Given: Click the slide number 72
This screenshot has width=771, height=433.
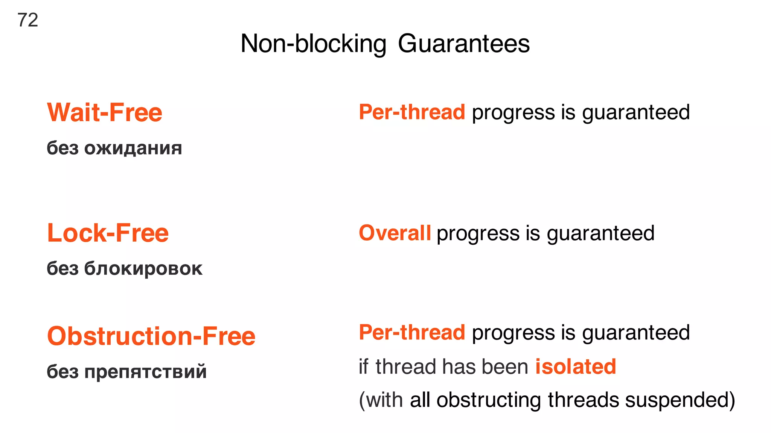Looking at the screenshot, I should [x=27, y=20].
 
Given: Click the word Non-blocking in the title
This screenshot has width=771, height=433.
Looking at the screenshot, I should [x=313, y=44].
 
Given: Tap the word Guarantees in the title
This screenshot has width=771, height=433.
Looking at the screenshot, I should [x=463, y=44].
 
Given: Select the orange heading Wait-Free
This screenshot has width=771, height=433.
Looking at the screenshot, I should [x=105, y=113].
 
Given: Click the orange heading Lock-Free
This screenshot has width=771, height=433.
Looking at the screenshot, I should [x=108, y=233].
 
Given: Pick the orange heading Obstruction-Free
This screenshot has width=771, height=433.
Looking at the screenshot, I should [x=151, y=336].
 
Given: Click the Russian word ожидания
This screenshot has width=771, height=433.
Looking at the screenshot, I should [x=133, y=148].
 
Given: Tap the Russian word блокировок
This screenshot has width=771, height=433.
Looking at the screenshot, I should [x=143, y=269].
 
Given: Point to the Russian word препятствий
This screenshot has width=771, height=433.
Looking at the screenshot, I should [x=145, y=372].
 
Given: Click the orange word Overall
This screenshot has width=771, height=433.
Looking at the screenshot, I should [x=395, y=233].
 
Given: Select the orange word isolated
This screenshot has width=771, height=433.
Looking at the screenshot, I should [x=576, y=366].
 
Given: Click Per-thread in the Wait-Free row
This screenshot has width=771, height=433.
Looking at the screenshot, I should [x=412, y=112].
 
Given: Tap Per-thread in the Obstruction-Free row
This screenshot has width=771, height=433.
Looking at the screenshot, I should [x=412, y=333].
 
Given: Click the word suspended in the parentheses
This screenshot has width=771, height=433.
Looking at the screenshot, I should [x=680, y=400].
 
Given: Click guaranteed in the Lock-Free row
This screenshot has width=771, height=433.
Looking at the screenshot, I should [x=600, y=234].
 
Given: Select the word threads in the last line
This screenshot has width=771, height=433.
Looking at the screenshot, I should [x=583, y=400].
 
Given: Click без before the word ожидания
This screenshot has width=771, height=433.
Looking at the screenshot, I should [x=62, y=148].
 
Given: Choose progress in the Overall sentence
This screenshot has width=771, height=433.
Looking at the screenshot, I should [x=478, y=234].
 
